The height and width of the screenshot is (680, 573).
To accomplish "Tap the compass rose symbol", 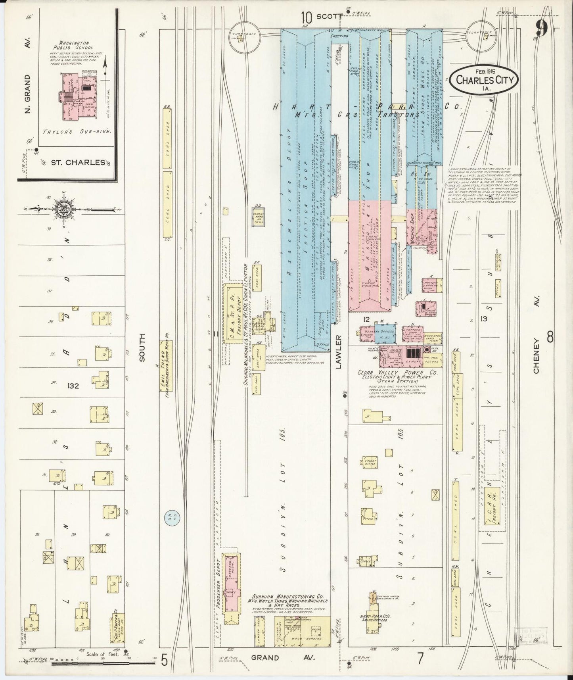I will tap(63, 209).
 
